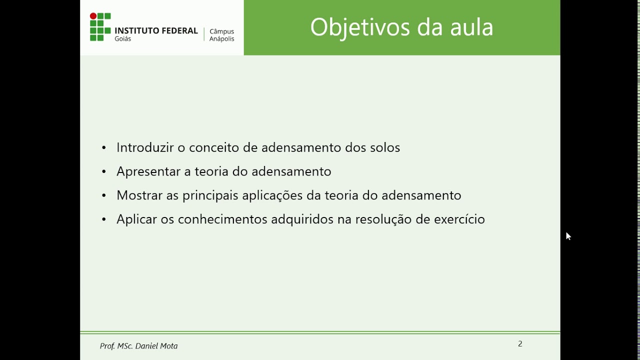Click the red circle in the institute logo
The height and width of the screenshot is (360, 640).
coord(93,16)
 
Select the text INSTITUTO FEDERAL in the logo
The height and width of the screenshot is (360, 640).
coord(156,30)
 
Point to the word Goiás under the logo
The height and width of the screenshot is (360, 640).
coord(123,39)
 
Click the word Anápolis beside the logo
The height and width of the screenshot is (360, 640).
coord(221,39)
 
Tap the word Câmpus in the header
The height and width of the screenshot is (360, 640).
coord(221,31)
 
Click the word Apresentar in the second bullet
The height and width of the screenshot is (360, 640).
coord(148,171)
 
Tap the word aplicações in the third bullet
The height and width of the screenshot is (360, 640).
coord(272,195)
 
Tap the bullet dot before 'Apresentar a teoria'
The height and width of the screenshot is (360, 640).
coord(104,172)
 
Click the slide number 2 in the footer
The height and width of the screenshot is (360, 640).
coord(520,344)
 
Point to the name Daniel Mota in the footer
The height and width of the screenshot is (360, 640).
coord(156,346)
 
